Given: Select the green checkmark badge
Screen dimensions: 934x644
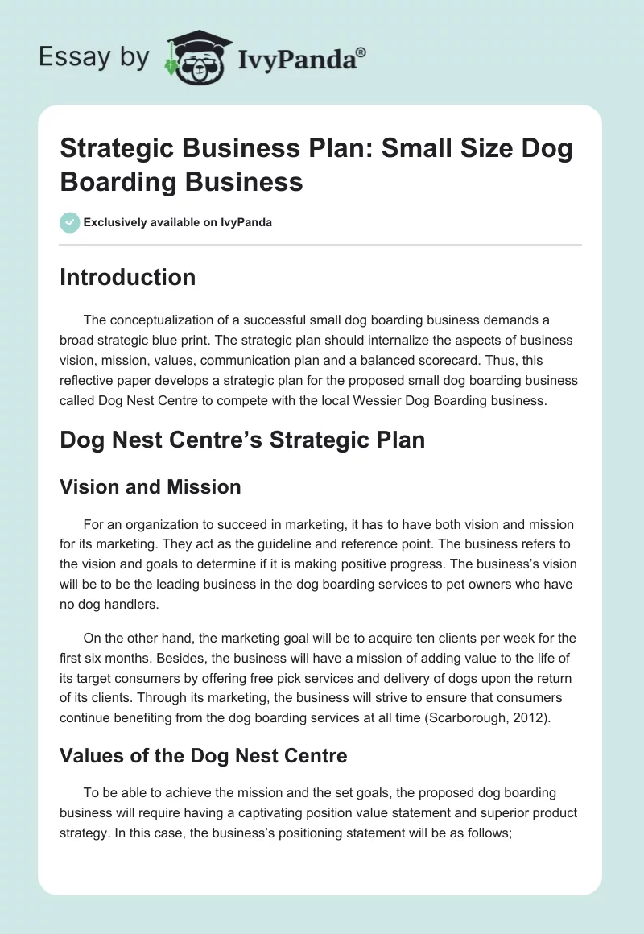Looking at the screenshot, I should pos(70,222).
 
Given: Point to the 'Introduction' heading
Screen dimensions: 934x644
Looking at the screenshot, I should pos(128,277).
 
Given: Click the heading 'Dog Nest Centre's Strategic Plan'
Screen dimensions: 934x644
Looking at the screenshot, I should pos(242,440).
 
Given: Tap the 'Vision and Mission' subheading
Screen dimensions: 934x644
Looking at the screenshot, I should pos(151,486).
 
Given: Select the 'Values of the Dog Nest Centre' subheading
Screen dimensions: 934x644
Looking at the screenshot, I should pos(204,756).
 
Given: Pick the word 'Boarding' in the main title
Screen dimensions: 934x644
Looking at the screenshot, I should pos(118,181).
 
